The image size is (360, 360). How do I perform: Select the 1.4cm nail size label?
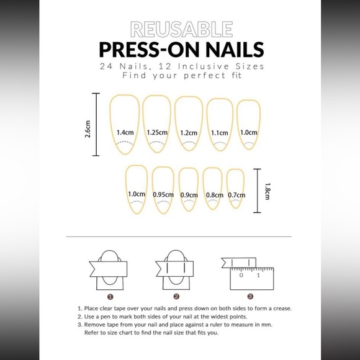[x=125, y=132]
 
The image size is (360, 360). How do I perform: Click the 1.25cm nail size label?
[x=157, y=132]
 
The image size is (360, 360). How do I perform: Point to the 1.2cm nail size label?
[x=189, y=132]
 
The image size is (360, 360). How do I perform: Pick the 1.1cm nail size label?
[x=220, y=132]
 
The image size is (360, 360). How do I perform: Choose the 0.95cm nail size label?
[x=163, y=194]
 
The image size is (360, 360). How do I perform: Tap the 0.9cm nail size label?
[x=189, y=194]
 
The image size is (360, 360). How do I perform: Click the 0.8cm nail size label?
[x=214, y=194]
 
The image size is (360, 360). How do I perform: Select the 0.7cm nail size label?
[x=236, y=194]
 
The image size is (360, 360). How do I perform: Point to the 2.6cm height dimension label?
[x=88, y=131]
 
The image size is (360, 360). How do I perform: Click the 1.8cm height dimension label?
[x=267, y=191]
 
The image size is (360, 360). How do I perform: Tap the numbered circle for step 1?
[x=109, y=296]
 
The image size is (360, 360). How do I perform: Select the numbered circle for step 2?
[x=176, y=296]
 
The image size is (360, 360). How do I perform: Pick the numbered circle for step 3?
[x=250, y=296]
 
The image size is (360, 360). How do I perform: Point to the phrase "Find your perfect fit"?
[x=181, y=76]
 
